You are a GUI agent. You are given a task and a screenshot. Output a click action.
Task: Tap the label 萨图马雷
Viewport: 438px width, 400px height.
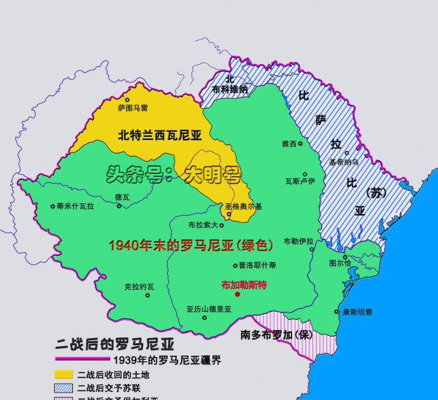coord(133,108)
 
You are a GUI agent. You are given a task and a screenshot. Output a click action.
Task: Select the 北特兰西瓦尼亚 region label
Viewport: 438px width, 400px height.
coord(159,134)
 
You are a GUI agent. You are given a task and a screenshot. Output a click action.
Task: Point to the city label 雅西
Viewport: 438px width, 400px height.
coord(289,144)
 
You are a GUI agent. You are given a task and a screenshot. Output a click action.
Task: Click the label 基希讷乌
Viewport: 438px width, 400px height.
coord(343,162)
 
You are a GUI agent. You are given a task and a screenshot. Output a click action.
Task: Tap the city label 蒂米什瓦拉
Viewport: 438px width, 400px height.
coord(75,206)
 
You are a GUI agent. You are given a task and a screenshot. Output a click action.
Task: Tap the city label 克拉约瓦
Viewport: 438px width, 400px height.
coord(139,286)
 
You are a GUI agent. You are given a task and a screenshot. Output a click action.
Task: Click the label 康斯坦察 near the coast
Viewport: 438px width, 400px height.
coord(358,311)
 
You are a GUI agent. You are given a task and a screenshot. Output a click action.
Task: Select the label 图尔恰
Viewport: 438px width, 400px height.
coord(340,262)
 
